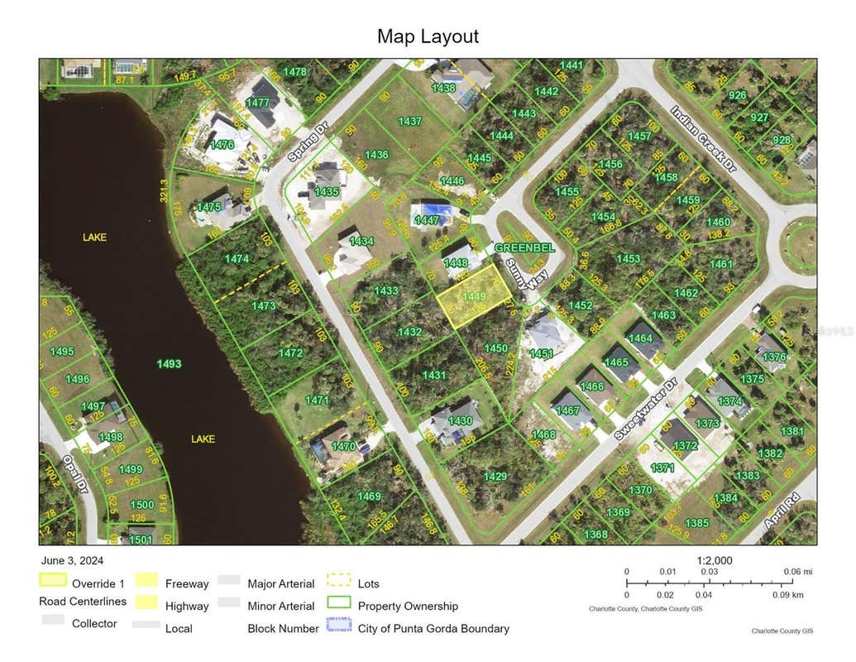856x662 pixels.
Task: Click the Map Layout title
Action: [x=428, y=36]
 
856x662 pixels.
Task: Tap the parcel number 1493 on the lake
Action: [x=169, y=363]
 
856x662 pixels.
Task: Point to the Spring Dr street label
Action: [x=308, y=142]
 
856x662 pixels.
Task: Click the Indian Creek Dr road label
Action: [x=703, y=138]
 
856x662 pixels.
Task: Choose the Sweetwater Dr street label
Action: [x=646, y=409]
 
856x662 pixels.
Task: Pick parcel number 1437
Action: [x=409, y=121]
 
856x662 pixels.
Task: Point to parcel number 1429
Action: [x=495, y=476]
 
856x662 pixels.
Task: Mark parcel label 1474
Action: [x=237, y=259]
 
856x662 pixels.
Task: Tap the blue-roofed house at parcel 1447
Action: [x=432, y=214]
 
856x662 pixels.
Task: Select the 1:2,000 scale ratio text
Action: [x=715, y=560]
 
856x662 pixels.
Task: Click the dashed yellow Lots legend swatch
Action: [x=339, y=583]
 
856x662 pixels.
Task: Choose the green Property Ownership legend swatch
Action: [x=339, y=605]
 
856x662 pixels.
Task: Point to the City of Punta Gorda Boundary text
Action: [x=433, y=628]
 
